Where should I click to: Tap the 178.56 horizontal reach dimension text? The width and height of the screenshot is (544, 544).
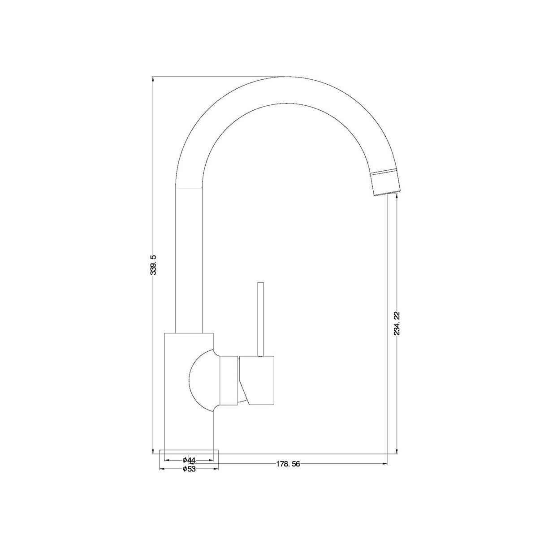tap(287, 464)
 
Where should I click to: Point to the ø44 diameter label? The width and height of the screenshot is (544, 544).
tap(189, 460)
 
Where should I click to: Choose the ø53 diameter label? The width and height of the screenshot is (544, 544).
tap(189, 469)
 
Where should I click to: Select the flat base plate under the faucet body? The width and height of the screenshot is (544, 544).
tap(189, 453)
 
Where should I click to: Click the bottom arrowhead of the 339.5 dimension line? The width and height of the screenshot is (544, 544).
tap(153, 452)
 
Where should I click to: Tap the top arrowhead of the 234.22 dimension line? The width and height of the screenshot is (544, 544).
tap(397, 196)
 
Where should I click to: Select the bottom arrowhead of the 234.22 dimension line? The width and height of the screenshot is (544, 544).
tap(397, 452)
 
